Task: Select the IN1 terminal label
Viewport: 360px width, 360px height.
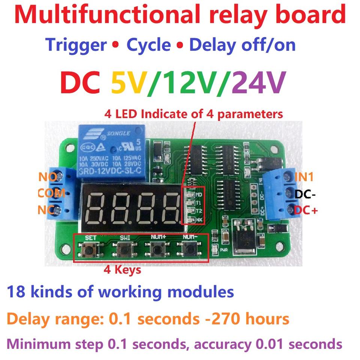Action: (304, 176)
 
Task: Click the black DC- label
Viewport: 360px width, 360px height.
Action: (305, 194)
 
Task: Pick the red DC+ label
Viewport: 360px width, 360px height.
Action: (306, 210)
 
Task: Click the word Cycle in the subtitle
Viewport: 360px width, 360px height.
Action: (148, 45)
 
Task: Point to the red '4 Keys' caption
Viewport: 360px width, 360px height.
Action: (122, 270)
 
